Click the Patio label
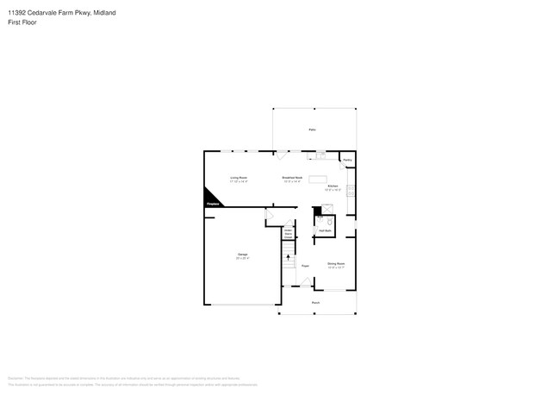pos(312,129)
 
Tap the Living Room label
pos(239,179)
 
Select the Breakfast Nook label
pos(290,179)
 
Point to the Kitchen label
pos(333,186)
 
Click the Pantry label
pos(347,160)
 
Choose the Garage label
pos(243,255)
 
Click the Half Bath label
pos(326,230)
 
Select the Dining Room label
pos(336,264)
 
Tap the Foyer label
pos(305,267)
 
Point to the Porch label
pos(315,303)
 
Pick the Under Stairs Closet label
pos(288,233)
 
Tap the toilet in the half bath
pos(320,218)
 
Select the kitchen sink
pos(320,154)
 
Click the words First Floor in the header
pos(22,22)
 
